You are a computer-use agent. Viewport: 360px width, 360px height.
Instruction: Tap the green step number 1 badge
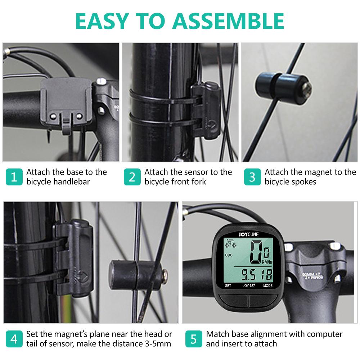(x=14, y=177)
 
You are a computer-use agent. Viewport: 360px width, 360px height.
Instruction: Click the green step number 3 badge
(x=252, y=177)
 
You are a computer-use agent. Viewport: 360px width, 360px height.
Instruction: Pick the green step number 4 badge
(x=14, y=339)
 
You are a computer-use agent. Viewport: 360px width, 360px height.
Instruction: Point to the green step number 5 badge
(x=194, y=339)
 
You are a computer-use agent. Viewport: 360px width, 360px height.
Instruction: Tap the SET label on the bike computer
(x=228, y=286)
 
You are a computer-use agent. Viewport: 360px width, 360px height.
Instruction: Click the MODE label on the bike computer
(x=267, y=286)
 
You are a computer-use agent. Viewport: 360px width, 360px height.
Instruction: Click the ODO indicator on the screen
(x=229, y=255)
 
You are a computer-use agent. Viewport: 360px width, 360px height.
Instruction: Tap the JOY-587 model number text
(x=247, y=286)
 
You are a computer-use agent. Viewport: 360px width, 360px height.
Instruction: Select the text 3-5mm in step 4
(x=155, y=344)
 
